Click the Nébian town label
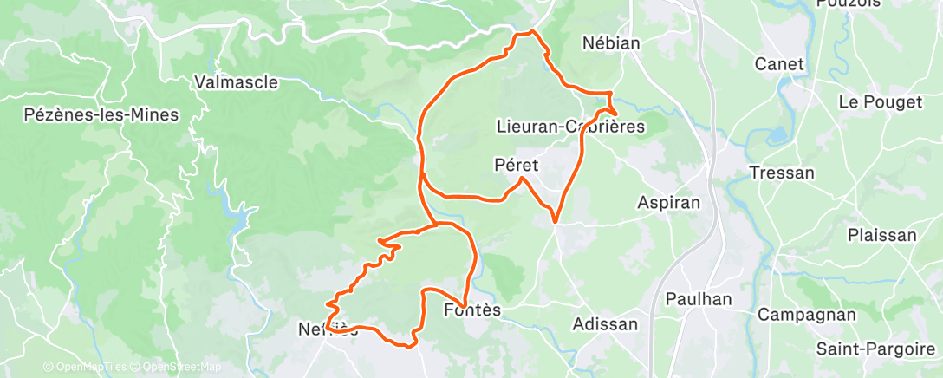[611, 43]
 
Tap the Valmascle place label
[237, 82]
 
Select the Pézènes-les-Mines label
[101, 114]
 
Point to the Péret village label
[517, 164]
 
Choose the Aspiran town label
[668, 201]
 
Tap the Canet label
[780, 64]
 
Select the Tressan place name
[783, 173]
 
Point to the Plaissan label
[882, 235]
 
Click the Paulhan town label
[699, 299]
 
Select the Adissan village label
[606, 324]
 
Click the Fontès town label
[472, 310]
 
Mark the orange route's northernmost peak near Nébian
[526, 33]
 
